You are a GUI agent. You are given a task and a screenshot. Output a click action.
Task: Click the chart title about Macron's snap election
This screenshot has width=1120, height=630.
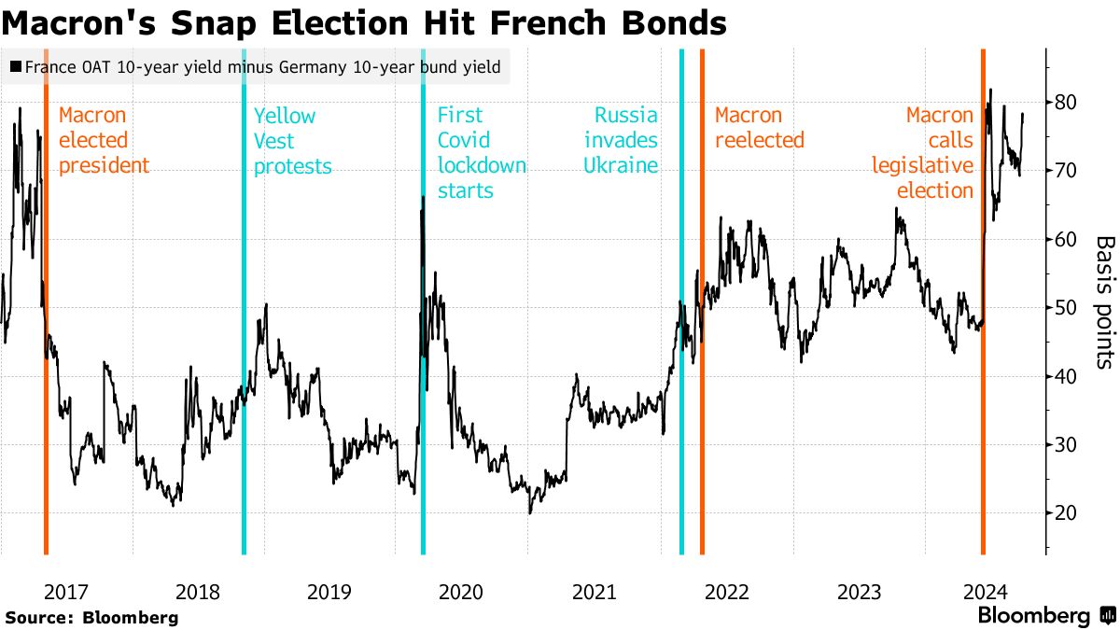364,22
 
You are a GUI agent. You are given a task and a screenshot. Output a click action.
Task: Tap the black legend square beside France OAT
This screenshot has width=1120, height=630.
16,67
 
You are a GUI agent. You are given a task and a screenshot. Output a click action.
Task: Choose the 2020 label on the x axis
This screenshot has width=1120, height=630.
460,592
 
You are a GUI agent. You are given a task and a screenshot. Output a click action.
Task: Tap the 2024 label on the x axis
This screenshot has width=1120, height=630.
983,592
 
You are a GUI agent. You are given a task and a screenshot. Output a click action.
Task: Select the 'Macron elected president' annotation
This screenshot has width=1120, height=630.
103,141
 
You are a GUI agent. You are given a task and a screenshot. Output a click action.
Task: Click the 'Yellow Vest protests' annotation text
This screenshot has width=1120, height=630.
292,141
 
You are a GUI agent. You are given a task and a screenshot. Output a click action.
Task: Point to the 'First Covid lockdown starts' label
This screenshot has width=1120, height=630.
481,153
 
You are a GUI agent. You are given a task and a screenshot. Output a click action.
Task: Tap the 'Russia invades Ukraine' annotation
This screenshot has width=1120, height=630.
621,141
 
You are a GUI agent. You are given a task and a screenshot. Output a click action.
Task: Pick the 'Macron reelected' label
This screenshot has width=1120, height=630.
759,128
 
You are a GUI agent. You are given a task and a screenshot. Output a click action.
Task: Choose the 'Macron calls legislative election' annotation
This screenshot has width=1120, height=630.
923,153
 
